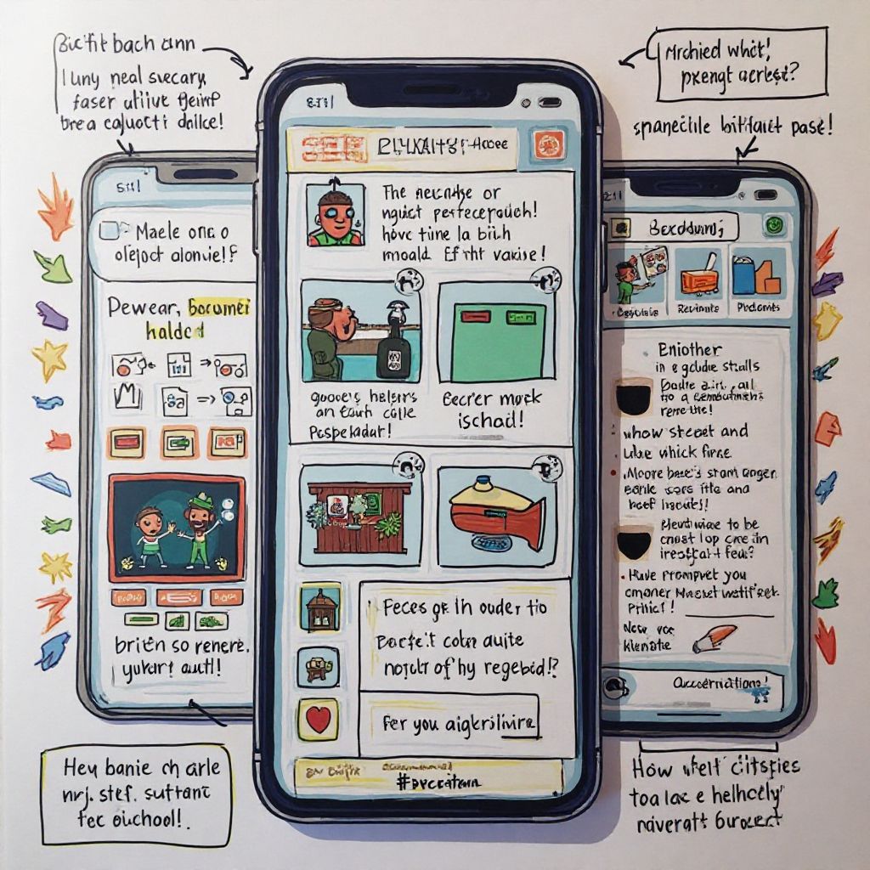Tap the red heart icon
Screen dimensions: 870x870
point(318,720)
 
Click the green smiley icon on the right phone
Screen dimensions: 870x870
point(773,225)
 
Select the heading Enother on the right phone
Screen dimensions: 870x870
point(689,349)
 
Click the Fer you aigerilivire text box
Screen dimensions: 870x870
point(460,724)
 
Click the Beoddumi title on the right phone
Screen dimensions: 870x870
point(685,228)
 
